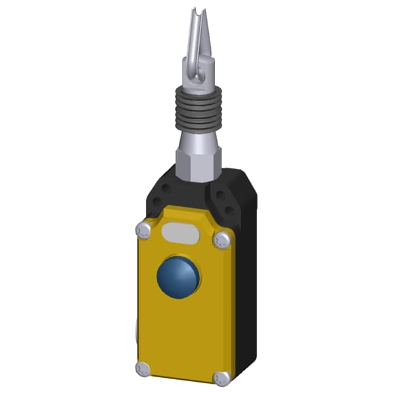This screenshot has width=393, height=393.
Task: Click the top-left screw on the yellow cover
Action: [x=143, y=230]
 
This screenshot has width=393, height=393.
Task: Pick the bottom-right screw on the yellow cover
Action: [x=223, y=378]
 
